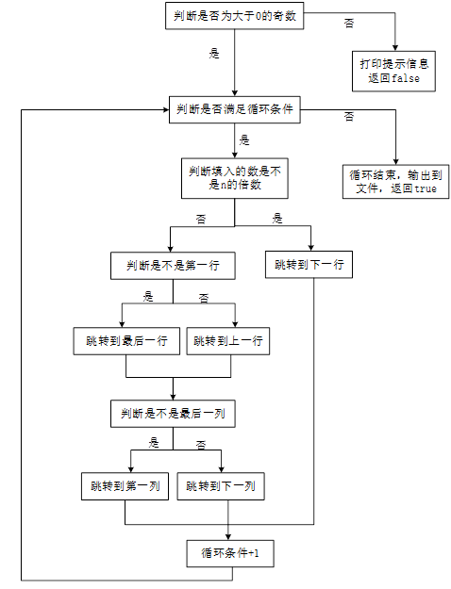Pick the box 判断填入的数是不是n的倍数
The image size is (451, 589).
click(235, 179)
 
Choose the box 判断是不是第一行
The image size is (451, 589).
click(173, 267)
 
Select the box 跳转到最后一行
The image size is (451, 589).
click(125, 340)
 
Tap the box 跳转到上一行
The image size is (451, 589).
click(226, 340)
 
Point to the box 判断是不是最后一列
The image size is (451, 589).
click(173, 414)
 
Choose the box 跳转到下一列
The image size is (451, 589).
click(221, 487)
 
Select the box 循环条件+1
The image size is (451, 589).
click(230, 553)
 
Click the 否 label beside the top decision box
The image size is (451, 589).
click(350, 22)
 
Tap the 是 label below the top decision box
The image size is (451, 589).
click(214, 55)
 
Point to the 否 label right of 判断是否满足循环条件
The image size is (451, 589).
click(349, 116)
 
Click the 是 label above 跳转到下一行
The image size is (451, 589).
click(277, 219)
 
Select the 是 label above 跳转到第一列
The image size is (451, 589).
click(154, 443)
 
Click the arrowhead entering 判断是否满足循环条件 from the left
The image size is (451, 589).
click(165, 110)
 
